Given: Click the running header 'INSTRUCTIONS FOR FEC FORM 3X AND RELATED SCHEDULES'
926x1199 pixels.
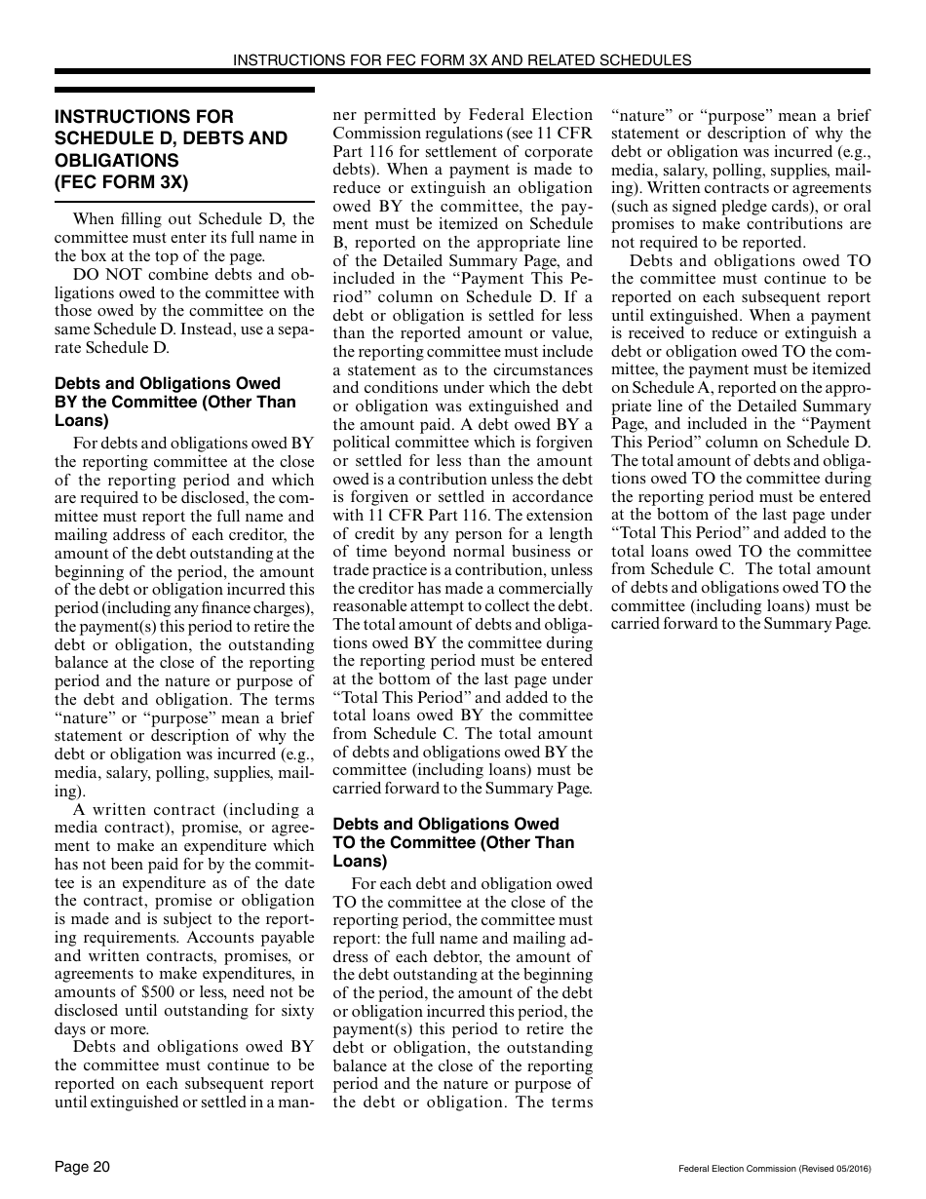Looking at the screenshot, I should pyautogui.click(x=462, y=59).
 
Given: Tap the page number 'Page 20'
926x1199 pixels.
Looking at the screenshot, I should pyautogui.click(x=82, y=1167).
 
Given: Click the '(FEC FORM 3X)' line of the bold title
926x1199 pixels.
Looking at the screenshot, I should pyautogui.click(x=121, y=182).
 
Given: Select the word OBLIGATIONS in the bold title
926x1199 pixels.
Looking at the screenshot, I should pyautogui.click(x=116, y=160).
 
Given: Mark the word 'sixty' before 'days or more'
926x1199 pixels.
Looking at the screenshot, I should pyautogui.click(x=295, y=1010).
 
